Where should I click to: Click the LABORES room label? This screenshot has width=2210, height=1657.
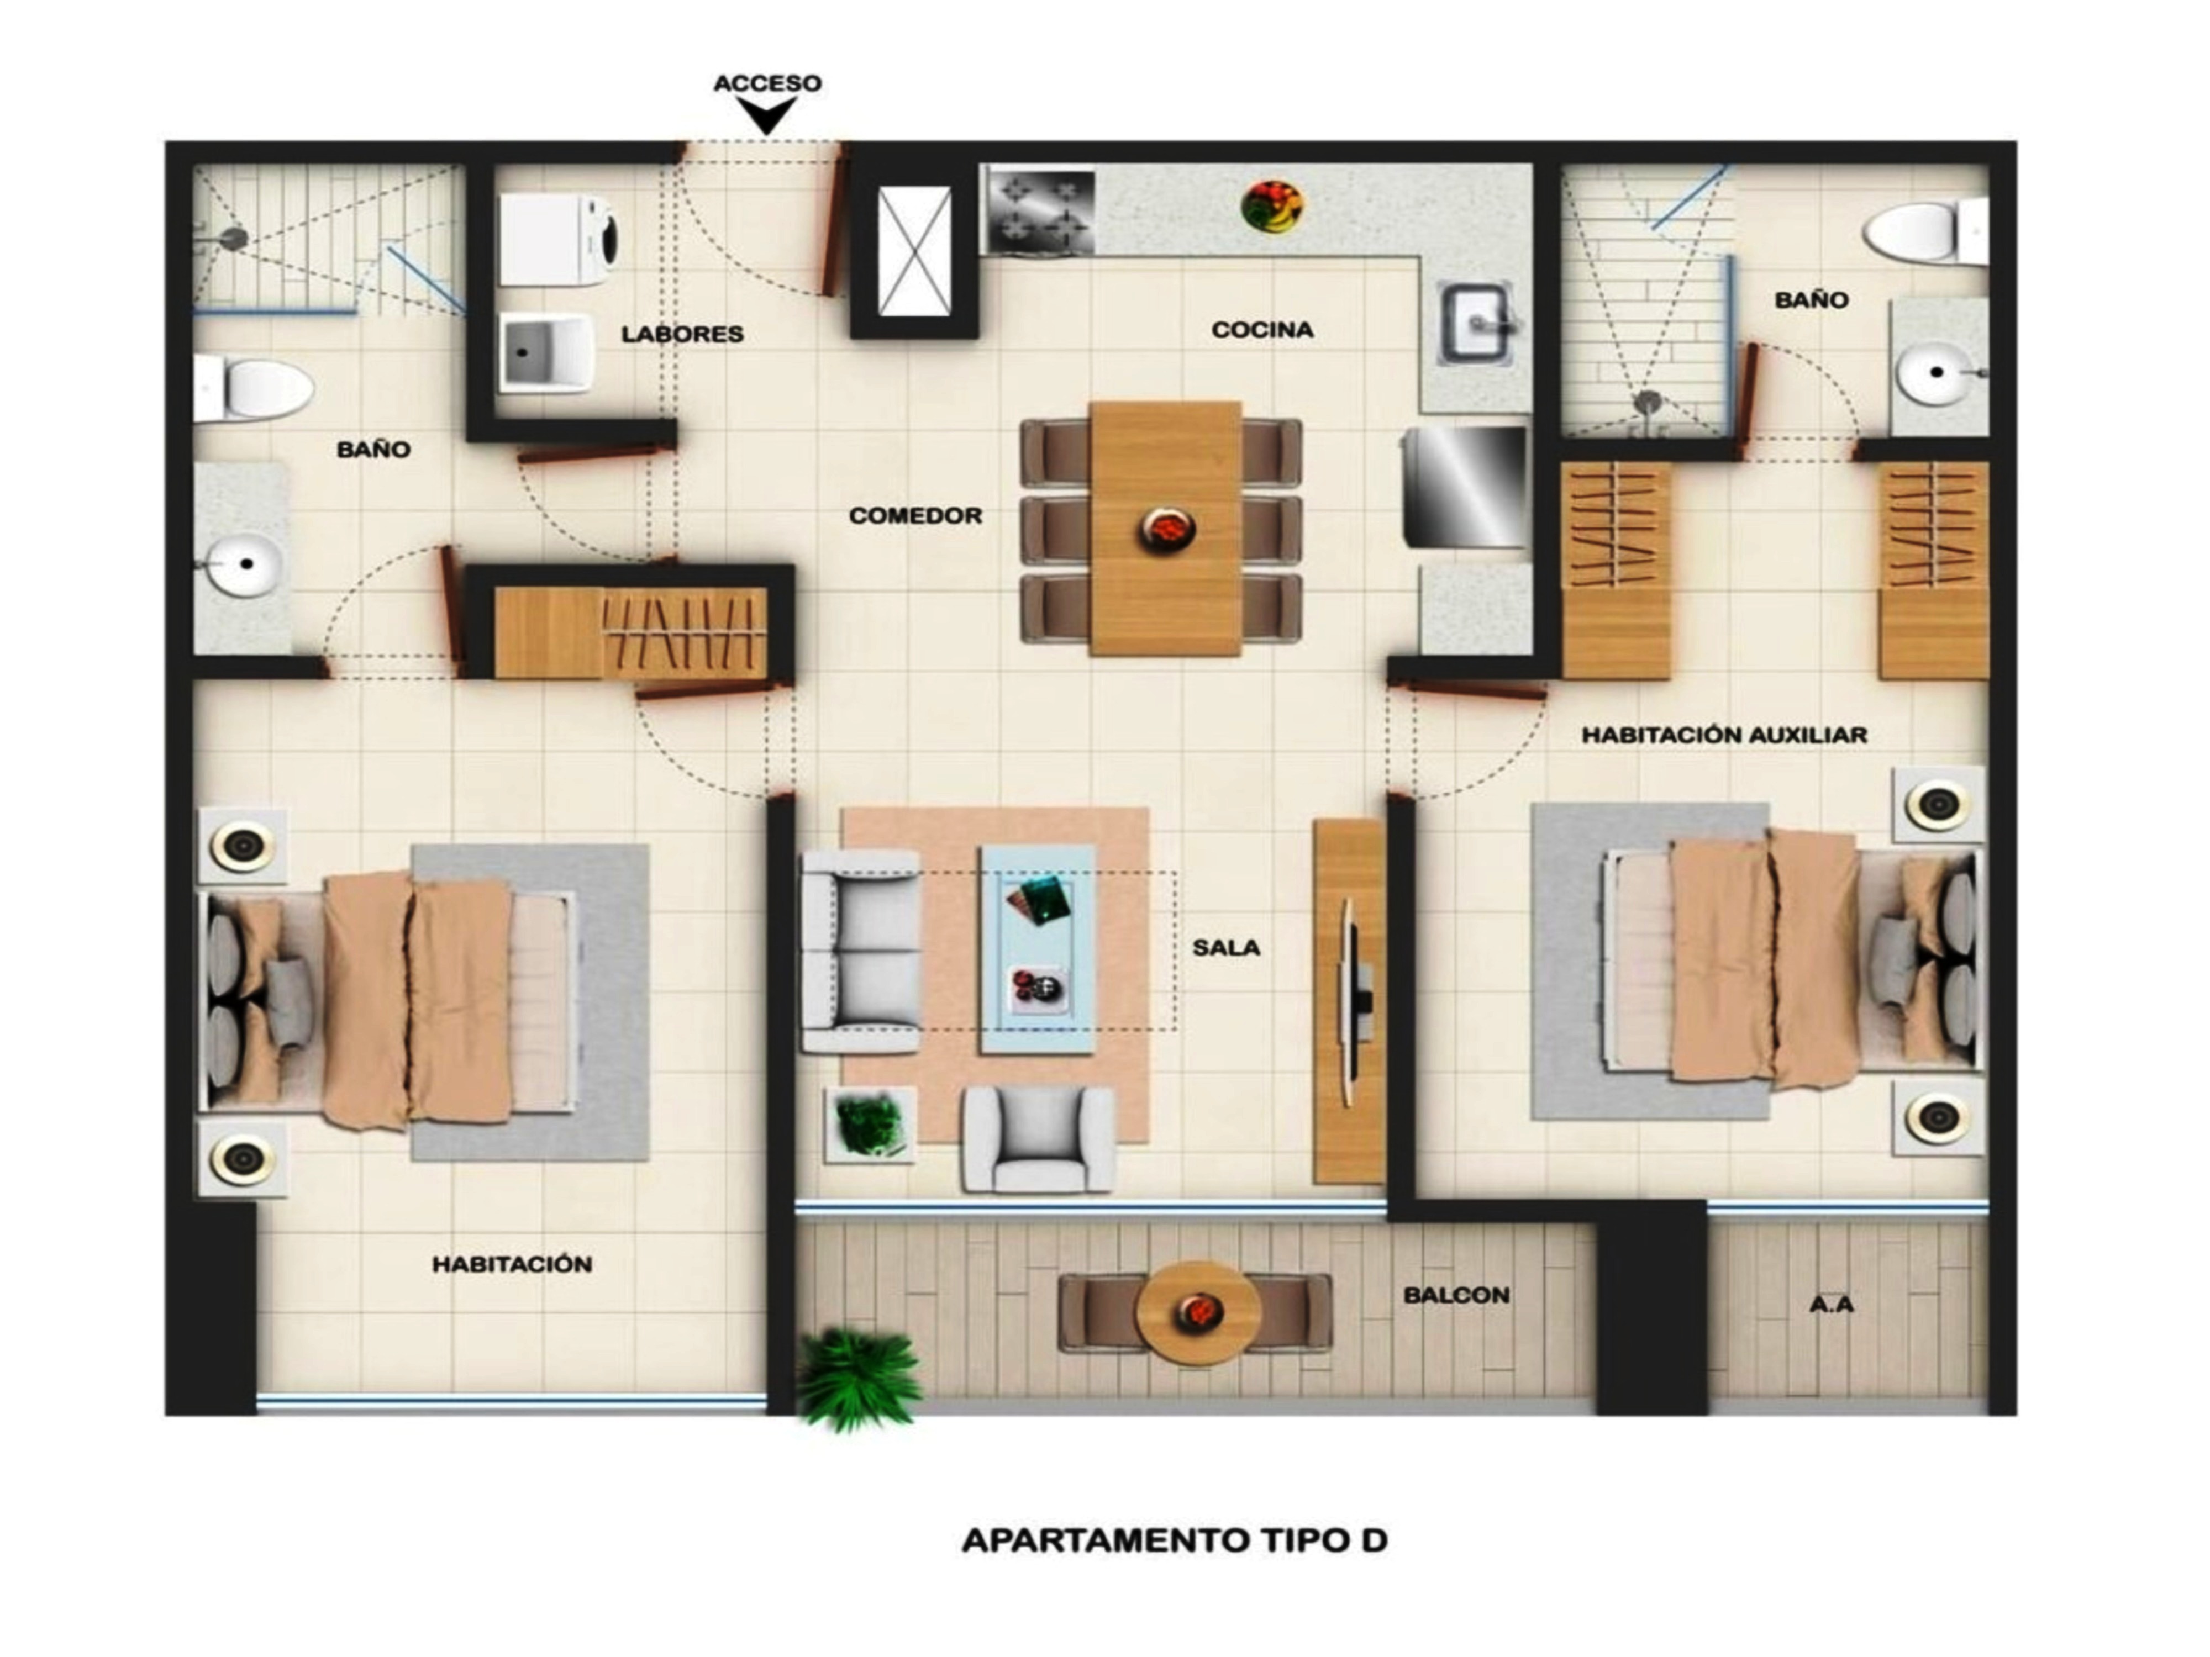pos(682,334)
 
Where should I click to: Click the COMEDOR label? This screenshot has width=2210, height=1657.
pos(915,515)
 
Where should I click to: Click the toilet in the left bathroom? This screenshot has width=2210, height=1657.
pos(253,388)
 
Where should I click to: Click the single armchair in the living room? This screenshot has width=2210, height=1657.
pos(1038,1138)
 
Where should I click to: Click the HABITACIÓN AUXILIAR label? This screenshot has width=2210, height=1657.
pos(1724,735)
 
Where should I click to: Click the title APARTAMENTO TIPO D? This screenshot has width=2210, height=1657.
pos(1175,1540)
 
